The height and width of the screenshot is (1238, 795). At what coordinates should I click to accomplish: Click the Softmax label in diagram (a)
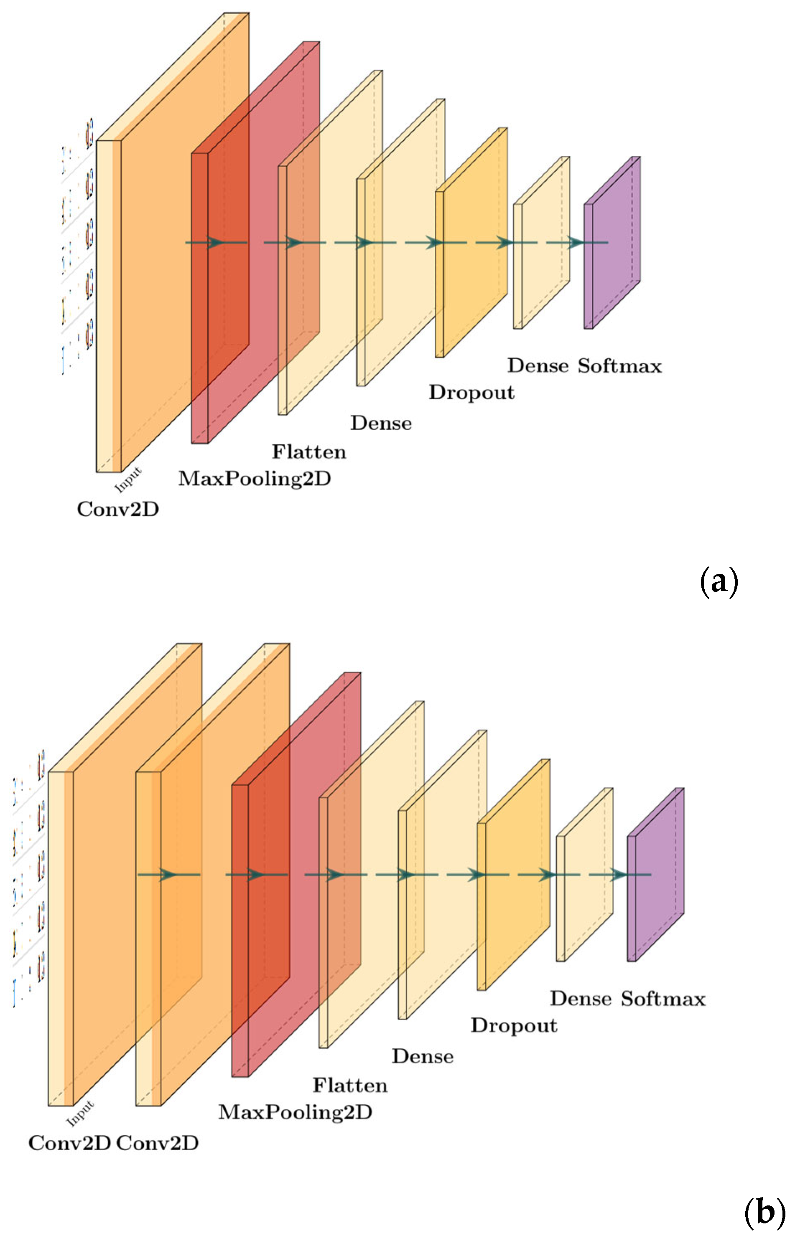click(619, 366)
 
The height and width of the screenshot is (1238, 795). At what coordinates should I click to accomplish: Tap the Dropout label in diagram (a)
click(471, 393)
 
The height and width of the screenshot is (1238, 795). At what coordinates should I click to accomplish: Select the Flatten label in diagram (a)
click(309, 452)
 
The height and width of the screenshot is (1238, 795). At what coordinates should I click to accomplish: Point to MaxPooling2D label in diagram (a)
click(255, 479)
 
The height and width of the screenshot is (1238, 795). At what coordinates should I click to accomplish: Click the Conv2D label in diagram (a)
click(118, 509)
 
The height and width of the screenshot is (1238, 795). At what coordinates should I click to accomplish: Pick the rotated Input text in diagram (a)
click(127, 480)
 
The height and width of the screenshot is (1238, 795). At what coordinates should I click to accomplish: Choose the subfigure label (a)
click(719, 582)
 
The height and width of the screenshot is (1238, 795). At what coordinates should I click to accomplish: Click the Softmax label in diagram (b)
click(663, 999)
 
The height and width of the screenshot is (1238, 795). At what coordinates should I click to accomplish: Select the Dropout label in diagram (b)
click(514, 1025)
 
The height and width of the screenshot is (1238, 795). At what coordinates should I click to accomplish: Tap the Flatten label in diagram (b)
click(350, 1085)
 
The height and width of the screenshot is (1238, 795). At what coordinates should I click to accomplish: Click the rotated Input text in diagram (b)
click(80, 1113)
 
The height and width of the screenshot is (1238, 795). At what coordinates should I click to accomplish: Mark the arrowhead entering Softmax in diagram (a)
click(576, 242)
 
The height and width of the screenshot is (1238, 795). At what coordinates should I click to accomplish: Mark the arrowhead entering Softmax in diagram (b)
click(619, 875)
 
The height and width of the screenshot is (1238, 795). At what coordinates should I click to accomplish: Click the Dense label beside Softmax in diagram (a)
click(538, 366)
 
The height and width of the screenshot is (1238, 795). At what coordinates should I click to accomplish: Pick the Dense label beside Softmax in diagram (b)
click(581, 999)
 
